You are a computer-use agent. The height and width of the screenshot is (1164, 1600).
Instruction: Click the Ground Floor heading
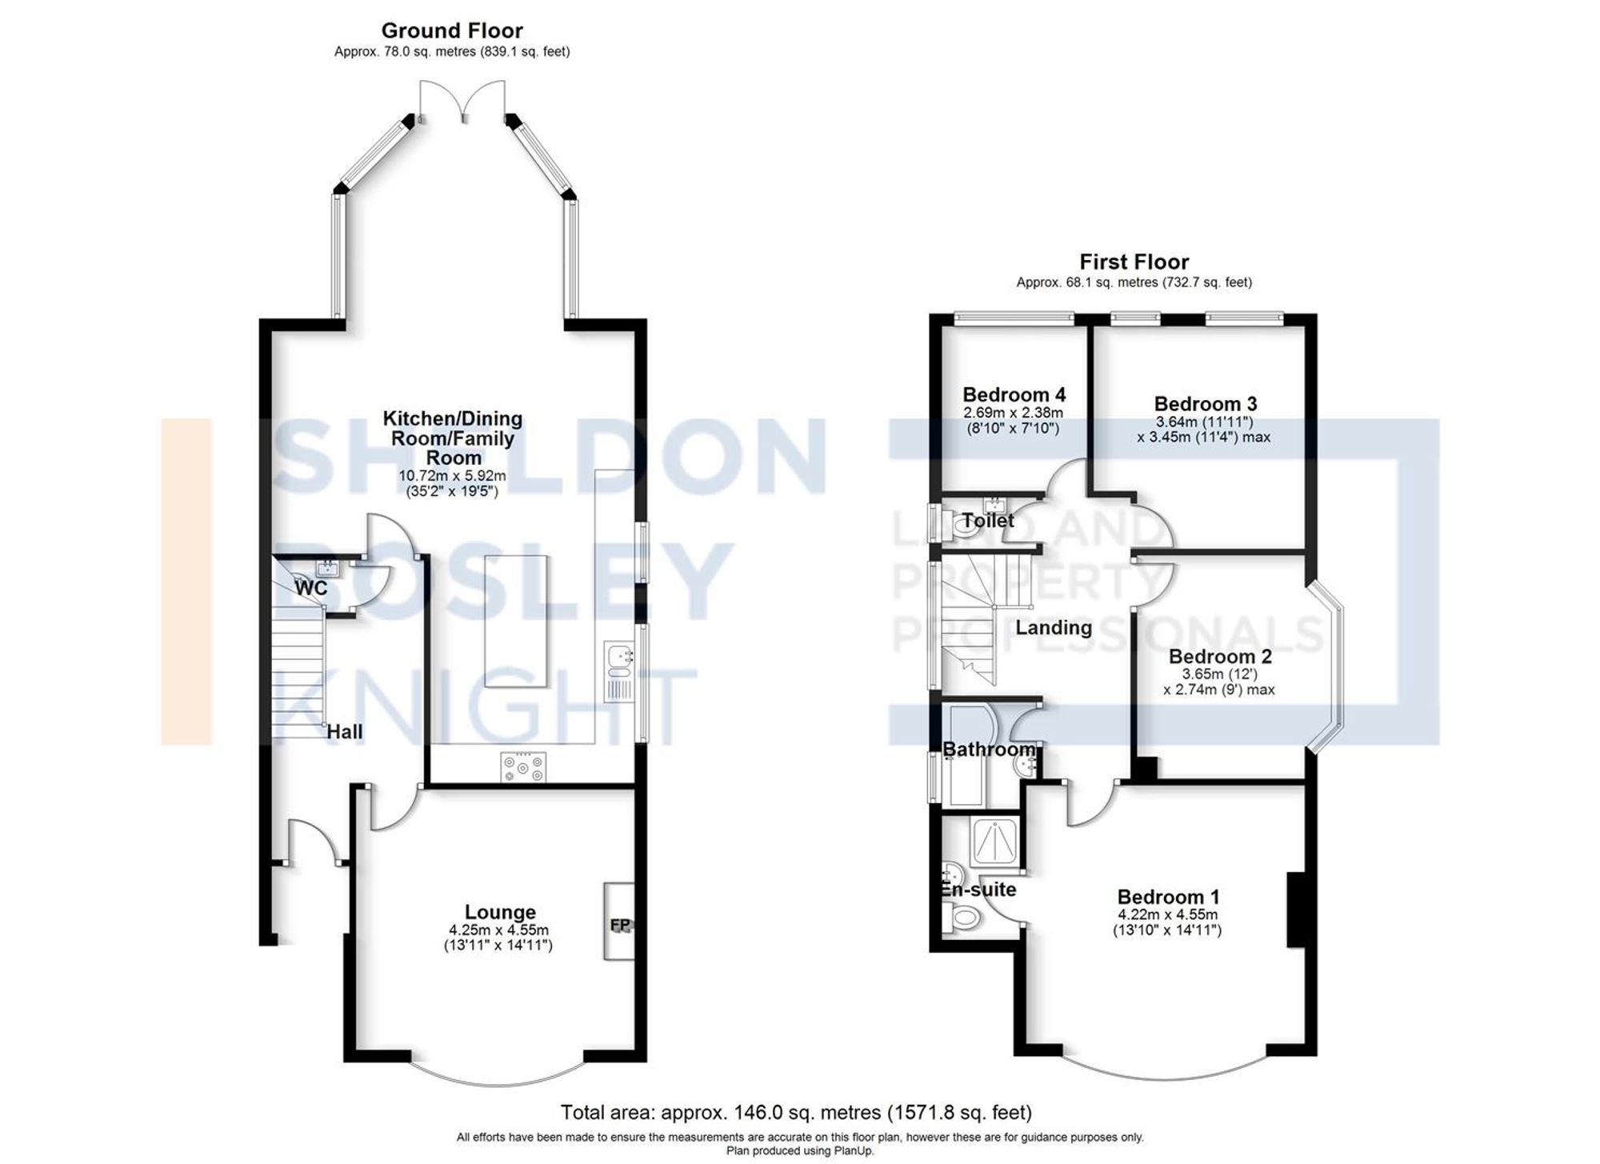451,31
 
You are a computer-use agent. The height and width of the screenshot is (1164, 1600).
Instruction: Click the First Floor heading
1134,262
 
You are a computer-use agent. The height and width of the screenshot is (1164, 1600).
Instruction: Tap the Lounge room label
500,912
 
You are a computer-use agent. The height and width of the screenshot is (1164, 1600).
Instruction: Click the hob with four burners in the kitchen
523,768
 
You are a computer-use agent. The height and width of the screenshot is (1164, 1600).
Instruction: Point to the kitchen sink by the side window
619,657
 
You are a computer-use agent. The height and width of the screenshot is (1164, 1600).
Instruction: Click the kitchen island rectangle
516,621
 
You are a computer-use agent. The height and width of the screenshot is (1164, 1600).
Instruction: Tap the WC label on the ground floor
311,588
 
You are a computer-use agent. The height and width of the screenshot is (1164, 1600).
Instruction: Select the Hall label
344,731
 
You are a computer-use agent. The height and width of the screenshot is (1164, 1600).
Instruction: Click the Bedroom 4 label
1014,394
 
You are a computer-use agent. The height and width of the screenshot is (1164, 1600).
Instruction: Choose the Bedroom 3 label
1205,403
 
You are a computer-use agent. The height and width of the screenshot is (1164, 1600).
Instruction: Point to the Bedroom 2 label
1219,656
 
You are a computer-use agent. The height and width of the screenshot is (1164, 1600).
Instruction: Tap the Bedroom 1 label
1168,897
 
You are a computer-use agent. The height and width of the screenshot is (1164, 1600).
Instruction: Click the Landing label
1053,628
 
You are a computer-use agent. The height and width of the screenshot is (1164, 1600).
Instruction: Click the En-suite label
978,890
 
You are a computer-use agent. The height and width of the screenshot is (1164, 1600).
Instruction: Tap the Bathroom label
989,750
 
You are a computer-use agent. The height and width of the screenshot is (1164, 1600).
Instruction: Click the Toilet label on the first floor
988,521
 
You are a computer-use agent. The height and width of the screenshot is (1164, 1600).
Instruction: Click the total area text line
796,1112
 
